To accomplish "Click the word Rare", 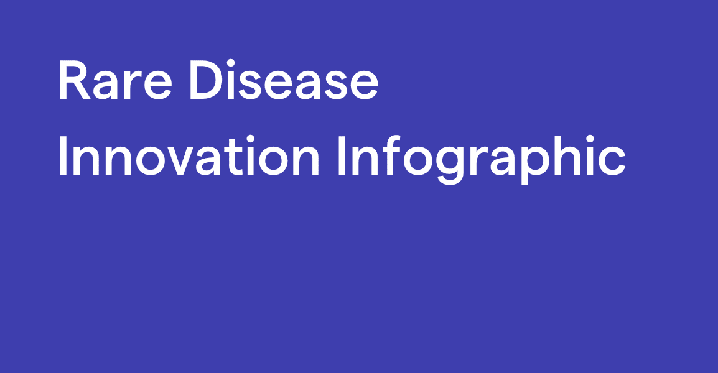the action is (115, 80).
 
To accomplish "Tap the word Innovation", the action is (189, 155).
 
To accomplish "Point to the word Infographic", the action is (482, 159).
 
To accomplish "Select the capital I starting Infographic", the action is (342, 155).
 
